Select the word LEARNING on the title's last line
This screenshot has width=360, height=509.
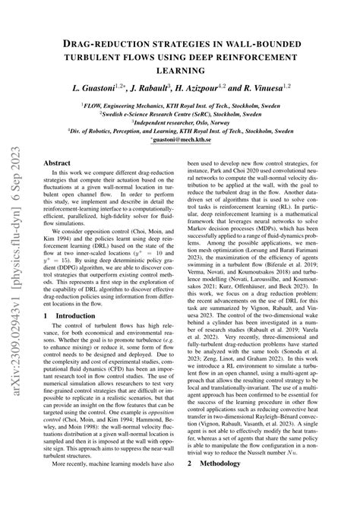pos(201,71)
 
